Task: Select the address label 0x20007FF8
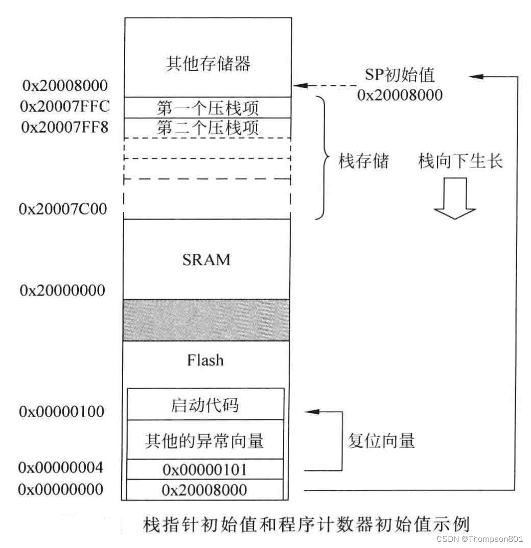coord(64,127)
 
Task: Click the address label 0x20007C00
coord(63,208)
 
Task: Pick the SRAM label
coord(206,259)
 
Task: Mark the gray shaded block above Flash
coord(206,320)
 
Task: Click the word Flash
coord(205,360)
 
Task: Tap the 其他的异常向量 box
coord(204,440)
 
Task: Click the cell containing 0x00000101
coord(204,469)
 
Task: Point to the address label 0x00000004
coord(61,467)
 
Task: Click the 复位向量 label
coord(381,440)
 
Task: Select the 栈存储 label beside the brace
coord(364,161)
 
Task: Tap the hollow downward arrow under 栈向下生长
coord(455,198)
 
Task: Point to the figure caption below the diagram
coord(305,525)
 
